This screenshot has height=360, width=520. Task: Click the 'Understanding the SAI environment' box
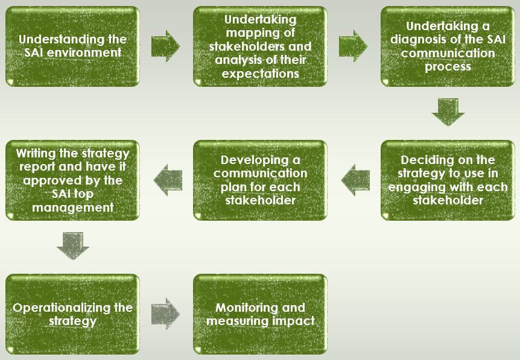pyautogui.click(x=72, y=46)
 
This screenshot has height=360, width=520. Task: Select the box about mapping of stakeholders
pyautogui.click(x=260, y=46)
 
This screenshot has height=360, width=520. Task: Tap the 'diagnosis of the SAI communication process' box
pyautogui.click(x=447, y=46)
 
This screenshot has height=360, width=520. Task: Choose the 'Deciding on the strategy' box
pyautogui.click(x=447, y=180)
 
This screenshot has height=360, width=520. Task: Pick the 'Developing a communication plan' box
pyautogui.click(x=260, y=180)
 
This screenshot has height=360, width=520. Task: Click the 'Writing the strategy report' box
pyautogui.click(x=72, y=180)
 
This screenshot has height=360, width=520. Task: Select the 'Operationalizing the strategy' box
pyautogui.click(x=72, y=314)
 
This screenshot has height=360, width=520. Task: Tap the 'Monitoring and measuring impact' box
pyautogui.click(x=260, y=314)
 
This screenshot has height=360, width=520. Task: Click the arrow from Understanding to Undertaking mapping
pyautogui.click(x=165, y=46)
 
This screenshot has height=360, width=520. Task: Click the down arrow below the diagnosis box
pyautogui.click(x=448, y=112)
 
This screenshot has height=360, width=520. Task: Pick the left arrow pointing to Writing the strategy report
pyautogui.click(x=168, y=180)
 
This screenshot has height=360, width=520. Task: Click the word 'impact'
pyautogui.click(x=292, y=321)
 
